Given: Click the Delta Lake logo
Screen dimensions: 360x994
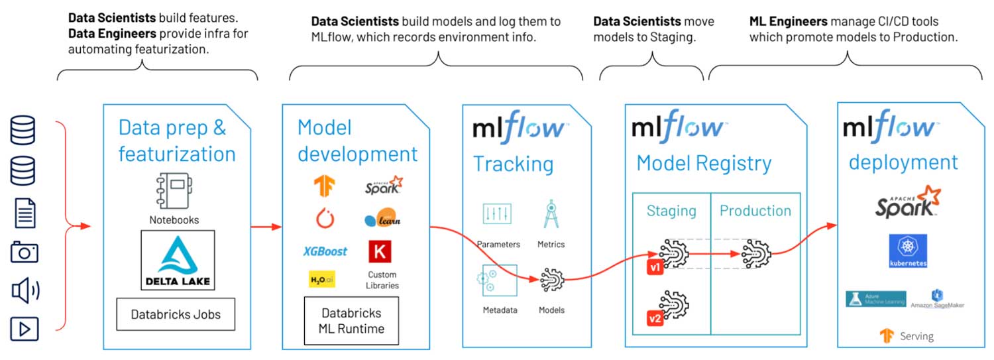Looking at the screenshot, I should [x=178, y=260].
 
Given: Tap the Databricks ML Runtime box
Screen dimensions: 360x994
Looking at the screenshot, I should [x=351, y=320].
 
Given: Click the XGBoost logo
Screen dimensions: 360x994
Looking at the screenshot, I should [x=325, y=251].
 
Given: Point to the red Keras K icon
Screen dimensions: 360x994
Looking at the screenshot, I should [x=380, y=251].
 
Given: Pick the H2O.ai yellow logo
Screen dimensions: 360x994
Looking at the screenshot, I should [x=322, y=280].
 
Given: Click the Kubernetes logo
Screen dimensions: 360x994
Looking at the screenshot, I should [x=908, y=250].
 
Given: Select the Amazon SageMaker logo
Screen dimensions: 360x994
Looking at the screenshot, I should [x=938, y=298].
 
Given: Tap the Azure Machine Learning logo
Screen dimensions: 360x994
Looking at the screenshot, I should [x=875, y=298].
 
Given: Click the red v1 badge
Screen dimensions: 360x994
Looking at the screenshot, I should [x=655, y=268].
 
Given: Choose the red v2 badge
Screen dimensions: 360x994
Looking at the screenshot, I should [x=655, y=318].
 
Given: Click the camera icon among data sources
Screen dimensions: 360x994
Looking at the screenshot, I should [x=25, y=252].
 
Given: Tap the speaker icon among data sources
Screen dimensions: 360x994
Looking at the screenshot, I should [x=25, y=290].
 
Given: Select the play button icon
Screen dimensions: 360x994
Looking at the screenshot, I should [x=25, y=329].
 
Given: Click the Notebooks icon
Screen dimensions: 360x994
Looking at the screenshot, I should [x=174, y=192].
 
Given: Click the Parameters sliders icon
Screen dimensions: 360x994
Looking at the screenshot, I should [x=498, y=213].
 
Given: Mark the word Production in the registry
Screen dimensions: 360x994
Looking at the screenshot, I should [x=755, y=211].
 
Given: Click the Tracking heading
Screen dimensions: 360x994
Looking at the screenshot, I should [x=513, y=163].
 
